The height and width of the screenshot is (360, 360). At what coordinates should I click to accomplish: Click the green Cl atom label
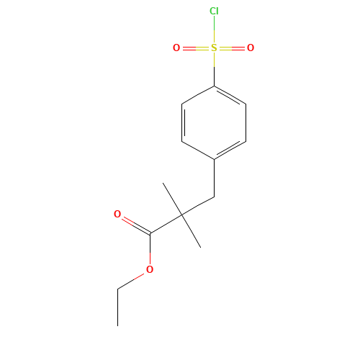coord(214,11)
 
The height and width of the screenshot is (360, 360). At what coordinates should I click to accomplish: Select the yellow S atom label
coord(214,48)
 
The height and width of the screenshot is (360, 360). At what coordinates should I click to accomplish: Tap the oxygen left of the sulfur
coord(176,48)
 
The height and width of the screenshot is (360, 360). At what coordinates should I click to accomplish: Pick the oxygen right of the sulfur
coord(251,48)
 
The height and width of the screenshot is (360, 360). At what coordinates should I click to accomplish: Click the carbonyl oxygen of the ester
coord(117,214)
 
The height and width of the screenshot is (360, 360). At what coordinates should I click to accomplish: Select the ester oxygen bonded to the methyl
coord(150,269)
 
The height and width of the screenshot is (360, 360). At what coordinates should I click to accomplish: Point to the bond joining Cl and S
coord(214,30)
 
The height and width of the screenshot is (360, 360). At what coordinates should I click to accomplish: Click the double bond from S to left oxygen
coord(195,48)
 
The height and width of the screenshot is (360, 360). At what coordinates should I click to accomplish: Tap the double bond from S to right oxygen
coord(232,48)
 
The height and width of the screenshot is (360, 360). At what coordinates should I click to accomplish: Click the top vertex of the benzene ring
coord(214,86)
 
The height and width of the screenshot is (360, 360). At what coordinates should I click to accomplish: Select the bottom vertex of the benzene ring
coord(215,159)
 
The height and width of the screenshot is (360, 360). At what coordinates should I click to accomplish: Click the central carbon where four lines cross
coord(182,215)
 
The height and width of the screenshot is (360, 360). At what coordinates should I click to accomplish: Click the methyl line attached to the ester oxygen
coord(132,280)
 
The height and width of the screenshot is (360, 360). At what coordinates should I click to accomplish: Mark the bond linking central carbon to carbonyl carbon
coord(166,224)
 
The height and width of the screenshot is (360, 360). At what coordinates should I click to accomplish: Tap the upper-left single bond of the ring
coord(198,96)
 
